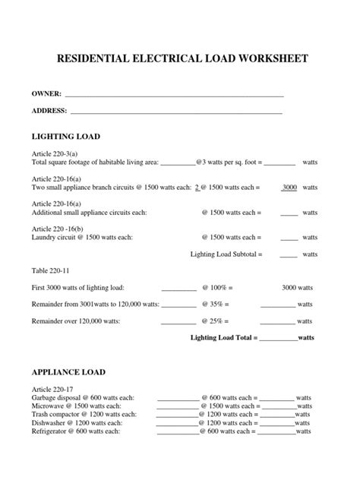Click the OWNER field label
[x=46, y=94]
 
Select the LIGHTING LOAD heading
[x=65, y=136]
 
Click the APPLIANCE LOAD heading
[x=68, y=372]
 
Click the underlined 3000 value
[x=289, y=187]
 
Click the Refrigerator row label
[x=75, y=431]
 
